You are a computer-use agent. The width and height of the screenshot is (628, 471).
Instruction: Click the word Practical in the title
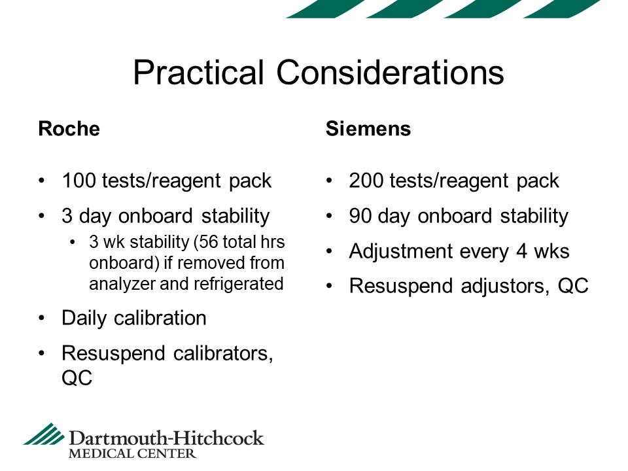(198, 73)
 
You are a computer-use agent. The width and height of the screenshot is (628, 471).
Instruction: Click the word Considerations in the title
(390, 73)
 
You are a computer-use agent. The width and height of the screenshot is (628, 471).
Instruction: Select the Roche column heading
(69, 129)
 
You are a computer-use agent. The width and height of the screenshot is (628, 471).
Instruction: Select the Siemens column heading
(368, 129)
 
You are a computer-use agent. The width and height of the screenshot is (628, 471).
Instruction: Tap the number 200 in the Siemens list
(366, 181)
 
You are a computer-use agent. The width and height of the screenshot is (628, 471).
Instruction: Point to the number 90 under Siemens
(360, 216)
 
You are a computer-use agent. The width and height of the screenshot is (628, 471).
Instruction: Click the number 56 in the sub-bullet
(208, 242)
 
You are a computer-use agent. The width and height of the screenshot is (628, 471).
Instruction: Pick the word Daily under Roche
(84, 319)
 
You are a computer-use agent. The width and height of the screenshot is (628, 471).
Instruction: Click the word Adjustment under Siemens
(401, 252)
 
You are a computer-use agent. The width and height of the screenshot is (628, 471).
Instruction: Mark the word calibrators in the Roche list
(223, 354)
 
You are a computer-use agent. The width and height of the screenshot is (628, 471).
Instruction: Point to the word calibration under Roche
(160, 319)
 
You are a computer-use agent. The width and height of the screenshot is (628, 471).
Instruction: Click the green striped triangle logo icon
(44, 434)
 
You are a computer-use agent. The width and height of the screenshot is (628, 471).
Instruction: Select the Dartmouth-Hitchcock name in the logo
(166, 438)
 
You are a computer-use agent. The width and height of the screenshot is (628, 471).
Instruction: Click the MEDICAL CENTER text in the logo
(132, 454)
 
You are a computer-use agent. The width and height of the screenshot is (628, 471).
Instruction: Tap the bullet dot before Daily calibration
(42, 319)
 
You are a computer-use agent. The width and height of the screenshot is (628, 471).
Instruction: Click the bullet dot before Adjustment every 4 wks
(329, 252)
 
